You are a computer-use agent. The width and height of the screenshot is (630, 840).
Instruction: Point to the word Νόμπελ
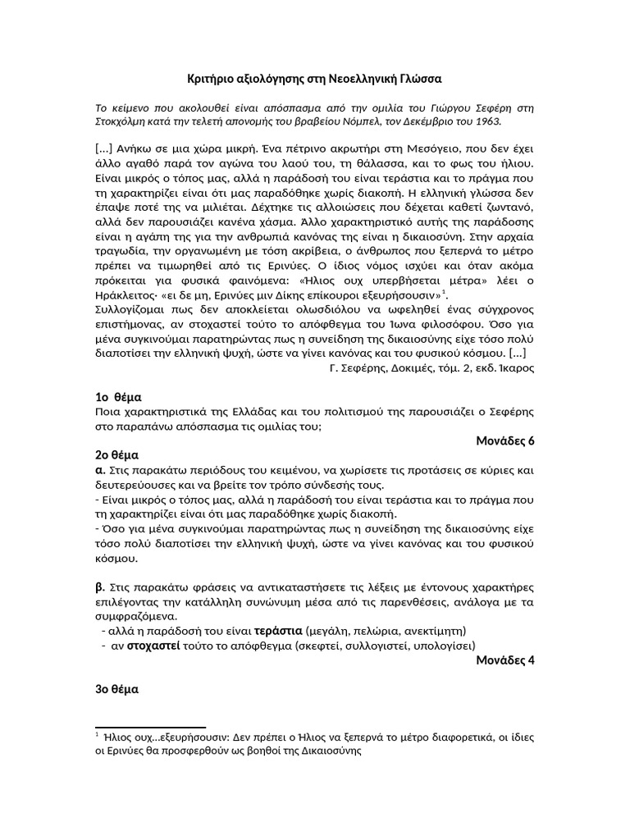pyautogui.click(x=349, y=121)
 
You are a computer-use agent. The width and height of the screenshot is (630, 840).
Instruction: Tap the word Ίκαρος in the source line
pyautogui.click(x=515, y=368)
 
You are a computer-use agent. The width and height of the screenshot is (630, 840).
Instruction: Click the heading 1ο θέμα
pyautogui.click(x=119, y=397)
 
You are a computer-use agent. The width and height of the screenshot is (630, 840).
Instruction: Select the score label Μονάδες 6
pyautogui.click(x=504, y=441)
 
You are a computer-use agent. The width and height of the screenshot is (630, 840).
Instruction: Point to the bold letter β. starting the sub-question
pyautogui.click(x=100, y=587)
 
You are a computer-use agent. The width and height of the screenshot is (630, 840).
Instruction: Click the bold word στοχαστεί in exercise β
pyautogui.click(x=142, y=646)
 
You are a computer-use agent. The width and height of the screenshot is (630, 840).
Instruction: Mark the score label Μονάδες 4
pyautogui.click(x=504, y=660)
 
